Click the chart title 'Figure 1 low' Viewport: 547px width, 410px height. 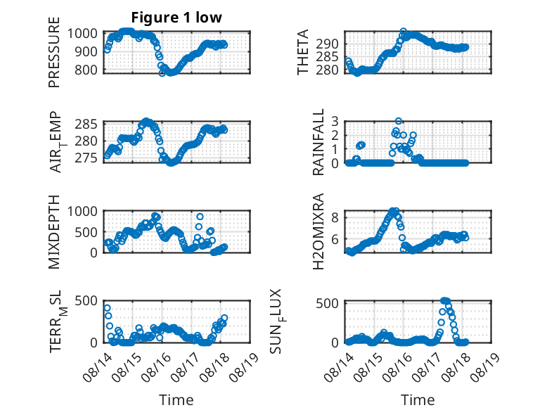[176, 18]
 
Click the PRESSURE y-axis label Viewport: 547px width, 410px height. [54, 52]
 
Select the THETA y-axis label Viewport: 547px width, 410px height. [303, 52]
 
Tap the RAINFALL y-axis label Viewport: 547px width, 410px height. [318, 142]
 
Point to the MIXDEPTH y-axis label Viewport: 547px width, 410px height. [54, 232]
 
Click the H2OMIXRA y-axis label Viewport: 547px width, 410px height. [318, 231]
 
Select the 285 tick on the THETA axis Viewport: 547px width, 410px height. [327, 56]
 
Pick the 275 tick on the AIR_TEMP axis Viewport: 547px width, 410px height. [86, 158]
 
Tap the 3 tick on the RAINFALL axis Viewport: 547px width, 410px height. [335, 122]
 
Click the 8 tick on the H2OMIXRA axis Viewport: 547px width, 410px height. [335, 218]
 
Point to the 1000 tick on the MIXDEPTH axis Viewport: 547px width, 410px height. [82, 212]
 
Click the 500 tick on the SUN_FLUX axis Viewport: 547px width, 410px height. [327, 303]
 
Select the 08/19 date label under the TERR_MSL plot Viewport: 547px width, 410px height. [245, 366]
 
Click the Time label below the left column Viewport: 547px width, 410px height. [176, 400]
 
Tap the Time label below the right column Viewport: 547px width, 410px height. [418, 400]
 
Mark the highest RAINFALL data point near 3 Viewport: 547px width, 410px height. [399, 121]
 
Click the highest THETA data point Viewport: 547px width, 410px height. [404, 31]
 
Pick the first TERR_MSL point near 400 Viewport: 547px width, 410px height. [107, 308]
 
